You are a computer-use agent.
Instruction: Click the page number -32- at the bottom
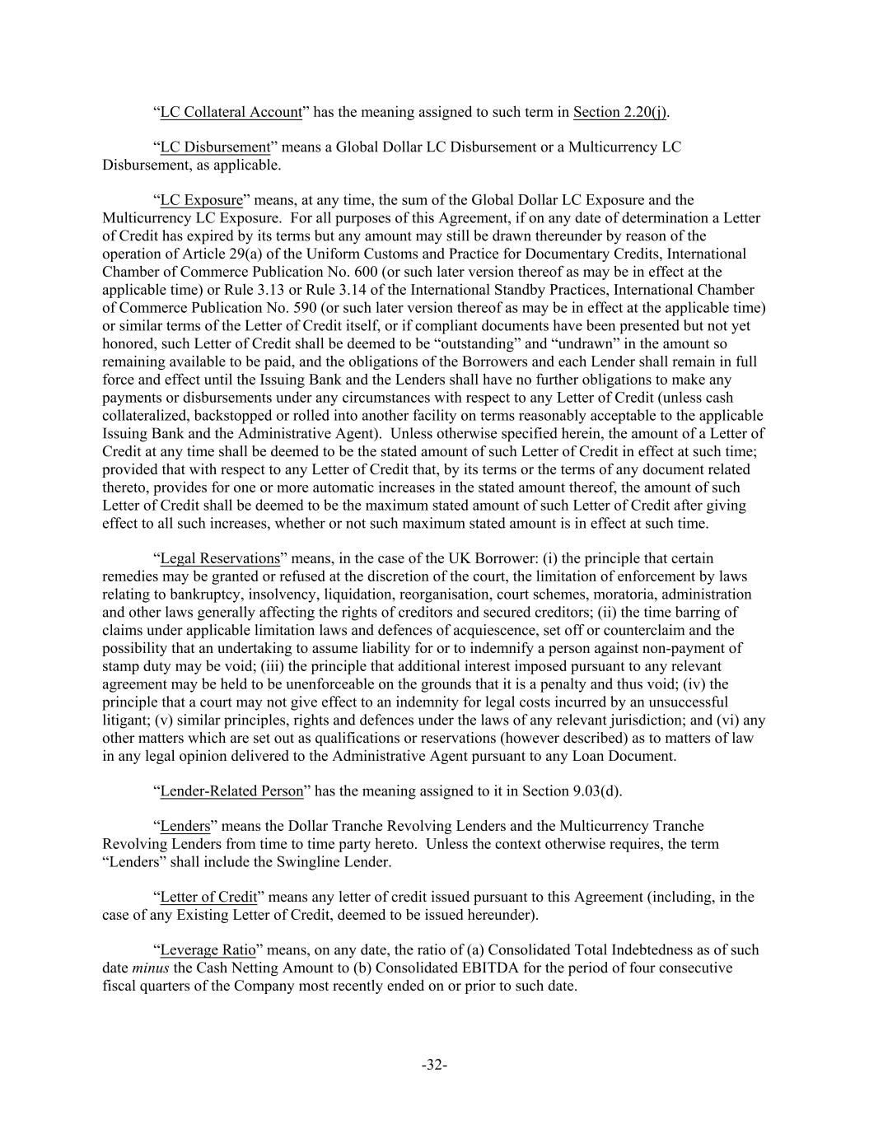(x=434, y=1065)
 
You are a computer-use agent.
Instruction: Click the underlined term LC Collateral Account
(x=231, y=112)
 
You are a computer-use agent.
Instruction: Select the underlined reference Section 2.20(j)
(x=619, y=112)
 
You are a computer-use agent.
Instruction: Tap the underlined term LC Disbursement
(x=215, y=147)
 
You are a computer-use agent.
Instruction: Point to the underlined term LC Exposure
(x=201, y=200)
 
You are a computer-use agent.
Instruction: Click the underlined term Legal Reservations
(x=220, y=558)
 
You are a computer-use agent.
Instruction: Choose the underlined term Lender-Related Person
(x=231, y=791)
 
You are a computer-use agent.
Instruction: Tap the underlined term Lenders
(x=185, y=826)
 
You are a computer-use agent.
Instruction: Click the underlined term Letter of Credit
(x=208, y=897)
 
